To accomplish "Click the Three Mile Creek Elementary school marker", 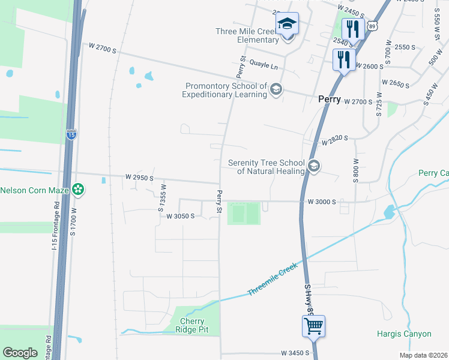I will [288, 25].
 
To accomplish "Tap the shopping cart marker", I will [314, 327].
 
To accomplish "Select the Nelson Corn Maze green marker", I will [77, 190].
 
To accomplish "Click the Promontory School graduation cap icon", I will [276, 90].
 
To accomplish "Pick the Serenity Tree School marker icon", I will [313, 166].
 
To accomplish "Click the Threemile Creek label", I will [273, 281].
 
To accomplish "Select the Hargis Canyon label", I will [404, 334].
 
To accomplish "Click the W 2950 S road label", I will [140, 178].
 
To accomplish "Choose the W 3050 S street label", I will [180, 216].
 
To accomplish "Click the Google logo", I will [20, 352].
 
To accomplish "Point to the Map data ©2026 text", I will [423, 355].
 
